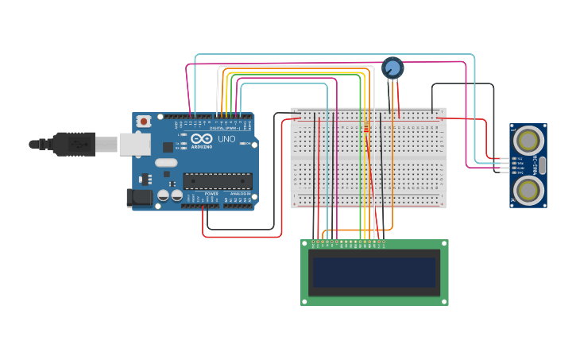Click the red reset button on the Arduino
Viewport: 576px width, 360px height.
point(144,122)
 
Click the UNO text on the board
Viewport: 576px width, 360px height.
point(226,138)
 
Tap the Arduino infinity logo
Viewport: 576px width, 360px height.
point(202,138)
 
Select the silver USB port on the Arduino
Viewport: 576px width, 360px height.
point(134,144)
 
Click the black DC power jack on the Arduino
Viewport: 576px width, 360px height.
point(139,198)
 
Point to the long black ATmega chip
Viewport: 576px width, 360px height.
point(217,181)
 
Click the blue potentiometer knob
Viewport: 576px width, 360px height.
point(392,68)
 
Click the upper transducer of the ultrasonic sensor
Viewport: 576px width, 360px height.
point(528,141)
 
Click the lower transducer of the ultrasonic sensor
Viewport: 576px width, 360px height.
point(528,189)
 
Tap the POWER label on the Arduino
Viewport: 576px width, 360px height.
point(211,193)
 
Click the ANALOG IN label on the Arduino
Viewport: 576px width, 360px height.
point(240,193)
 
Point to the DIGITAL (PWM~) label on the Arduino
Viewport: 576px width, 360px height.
point(227,127)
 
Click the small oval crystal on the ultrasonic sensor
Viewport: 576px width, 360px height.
point(543,165)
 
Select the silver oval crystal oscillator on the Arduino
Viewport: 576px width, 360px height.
point(166,163)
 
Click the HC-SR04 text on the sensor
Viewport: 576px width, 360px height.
point(536,165)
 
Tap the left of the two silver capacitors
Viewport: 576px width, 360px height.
point(163,195)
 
